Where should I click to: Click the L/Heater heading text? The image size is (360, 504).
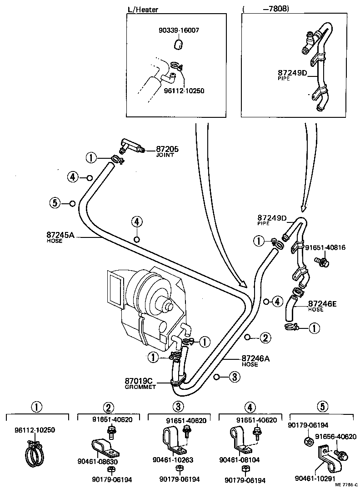pos(143,9)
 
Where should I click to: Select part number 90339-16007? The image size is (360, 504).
pos(179,30)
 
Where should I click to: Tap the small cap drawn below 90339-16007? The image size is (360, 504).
pos(179,44)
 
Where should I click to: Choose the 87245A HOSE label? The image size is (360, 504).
pos(60,237)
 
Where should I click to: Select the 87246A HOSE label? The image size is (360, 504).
pos(255,360)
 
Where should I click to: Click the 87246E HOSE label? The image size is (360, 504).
pos(322,306)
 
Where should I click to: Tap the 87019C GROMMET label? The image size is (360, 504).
pos(140,383)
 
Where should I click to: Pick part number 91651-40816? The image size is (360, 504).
pos(325,247)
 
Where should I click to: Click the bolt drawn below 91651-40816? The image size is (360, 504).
pos(321,262)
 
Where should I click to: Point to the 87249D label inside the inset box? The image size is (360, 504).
pos(293,73)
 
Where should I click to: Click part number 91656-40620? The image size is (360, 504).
pos(335,436)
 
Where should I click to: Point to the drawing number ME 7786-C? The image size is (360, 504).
pos(346,498)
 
